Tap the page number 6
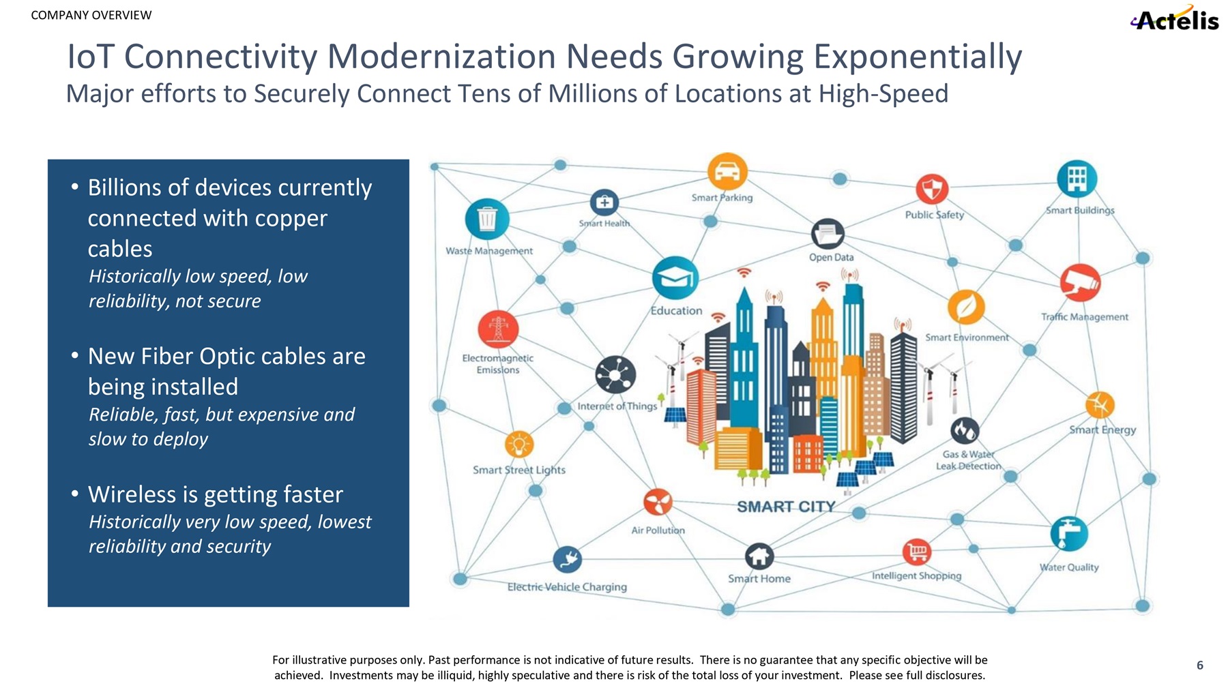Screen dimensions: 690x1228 pyautogui.click(x=1200, y=665)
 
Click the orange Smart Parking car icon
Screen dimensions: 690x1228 pyautogui.click(x=727, y=171)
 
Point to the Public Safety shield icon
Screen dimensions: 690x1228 pyautogui.click(x=932, y=188)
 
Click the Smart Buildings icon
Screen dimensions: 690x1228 pyautogui.click(x=1077, y=179)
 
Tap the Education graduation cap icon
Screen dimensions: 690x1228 pyautogui.click(x=675, y=278)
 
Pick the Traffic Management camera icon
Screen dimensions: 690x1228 pyautogui.click(x=1080, y=282)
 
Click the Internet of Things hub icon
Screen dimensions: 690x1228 pyautogui.click(x=615, y=375)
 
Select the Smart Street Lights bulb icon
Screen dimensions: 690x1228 pyautogui.click(x=519, y=445)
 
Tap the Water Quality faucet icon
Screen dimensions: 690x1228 pyautogui.click(x=1069, y=533)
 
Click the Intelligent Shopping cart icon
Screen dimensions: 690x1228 pyautogui.click(x=917, y=552)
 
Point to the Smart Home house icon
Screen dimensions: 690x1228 pyautogui.click(x=759, y=556)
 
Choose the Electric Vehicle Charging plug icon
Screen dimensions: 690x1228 pyautogui.click(x=568, y=560)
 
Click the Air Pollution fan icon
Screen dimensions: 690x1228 pyautogui.click(x=658, y=503)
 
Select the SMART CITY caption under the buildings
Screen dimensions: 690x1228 pyautogui.click(x=786, y=507)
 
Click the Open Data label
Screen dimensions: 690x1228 pyautogui.click(x=831, y=258)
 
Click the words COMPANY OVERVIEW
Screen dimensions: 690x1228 pyautogui.click(x=91, y=16)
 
